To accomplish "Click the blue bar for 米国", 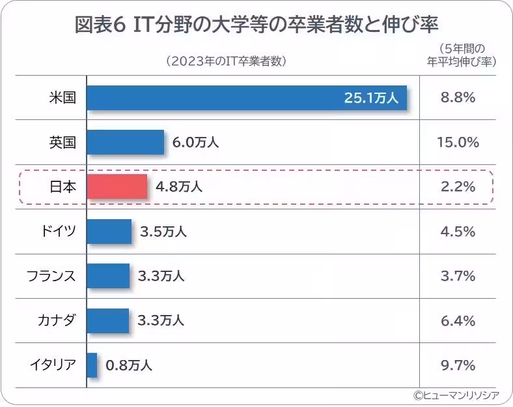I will point(246,98).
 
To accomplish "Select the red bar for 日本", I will point(117,187).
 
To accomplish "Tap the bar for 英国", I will point(125,142).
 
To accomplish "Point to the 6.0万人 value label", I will point(195,143).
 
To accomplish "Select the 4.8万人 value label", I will point(179,187).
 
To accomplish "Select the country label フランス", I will point(51,276).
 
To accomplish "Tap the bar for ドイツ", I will point(109,232).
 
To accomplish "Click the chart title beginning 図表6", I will point(257,25).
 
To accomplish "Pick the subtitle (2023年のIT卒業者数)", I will point(226,61).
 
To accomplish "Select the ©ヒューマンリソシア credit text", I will point(456,395).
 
